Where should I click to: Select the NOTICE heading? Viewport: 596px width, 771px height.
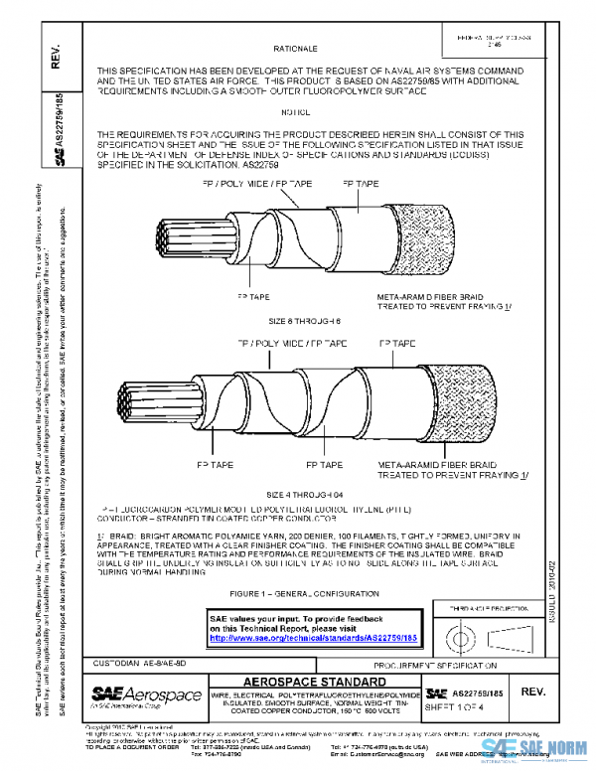296,111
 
